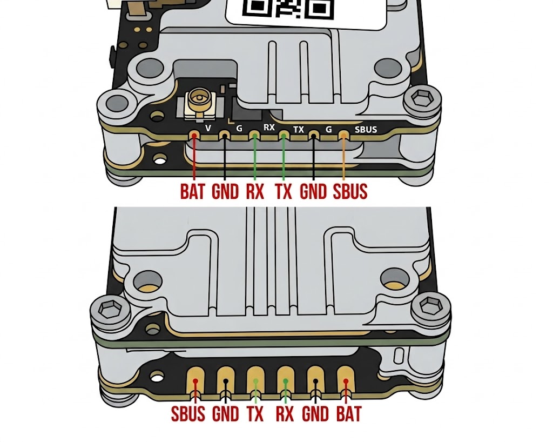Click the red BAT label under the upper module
pos(192,191)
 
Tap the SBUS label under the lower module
pos(188,414)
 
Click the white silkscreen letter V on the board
pos(208,128)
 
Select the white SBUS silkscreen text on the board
pos(366,130)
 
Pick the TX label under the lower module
pos(255,414)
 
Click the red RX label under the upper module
pos(255,191)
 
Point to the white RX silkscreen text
pos(269,127)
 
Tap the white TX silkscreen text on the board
pos(298,130)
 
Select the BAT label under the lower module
pos(349,414)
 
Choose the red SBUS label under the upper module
pos(350,191)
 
